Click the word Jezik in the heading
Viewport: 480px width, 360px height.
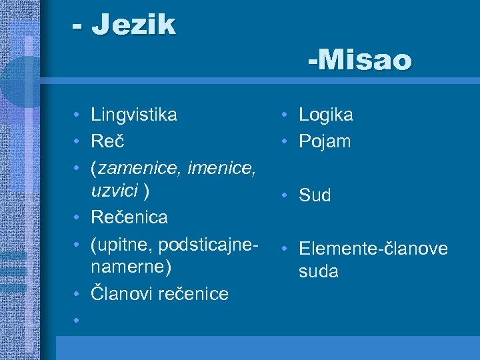(133, 25)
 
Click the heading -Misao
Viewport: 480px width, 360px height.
(360, 61)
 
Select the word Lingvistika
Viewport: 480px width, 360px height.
(134, 115)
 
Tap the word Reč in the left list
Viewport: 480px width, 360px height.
(108, 141)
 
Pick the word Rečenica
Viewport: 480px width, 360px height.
(129, 217)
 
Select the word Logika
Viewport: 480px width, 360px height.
(326, 115)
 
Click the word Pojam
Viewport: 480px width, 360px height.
(325, 141)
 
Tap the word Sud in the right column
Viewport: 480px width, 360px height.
(315, 195)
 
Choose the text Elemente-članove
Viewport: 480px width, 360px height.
(373, 249)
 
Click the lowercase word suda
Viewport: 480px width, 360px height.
(318, 272)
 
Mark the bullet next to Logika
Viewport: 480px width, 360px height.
(284, 115)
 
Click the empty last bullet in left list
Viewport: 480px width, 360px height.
(78, 320)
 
